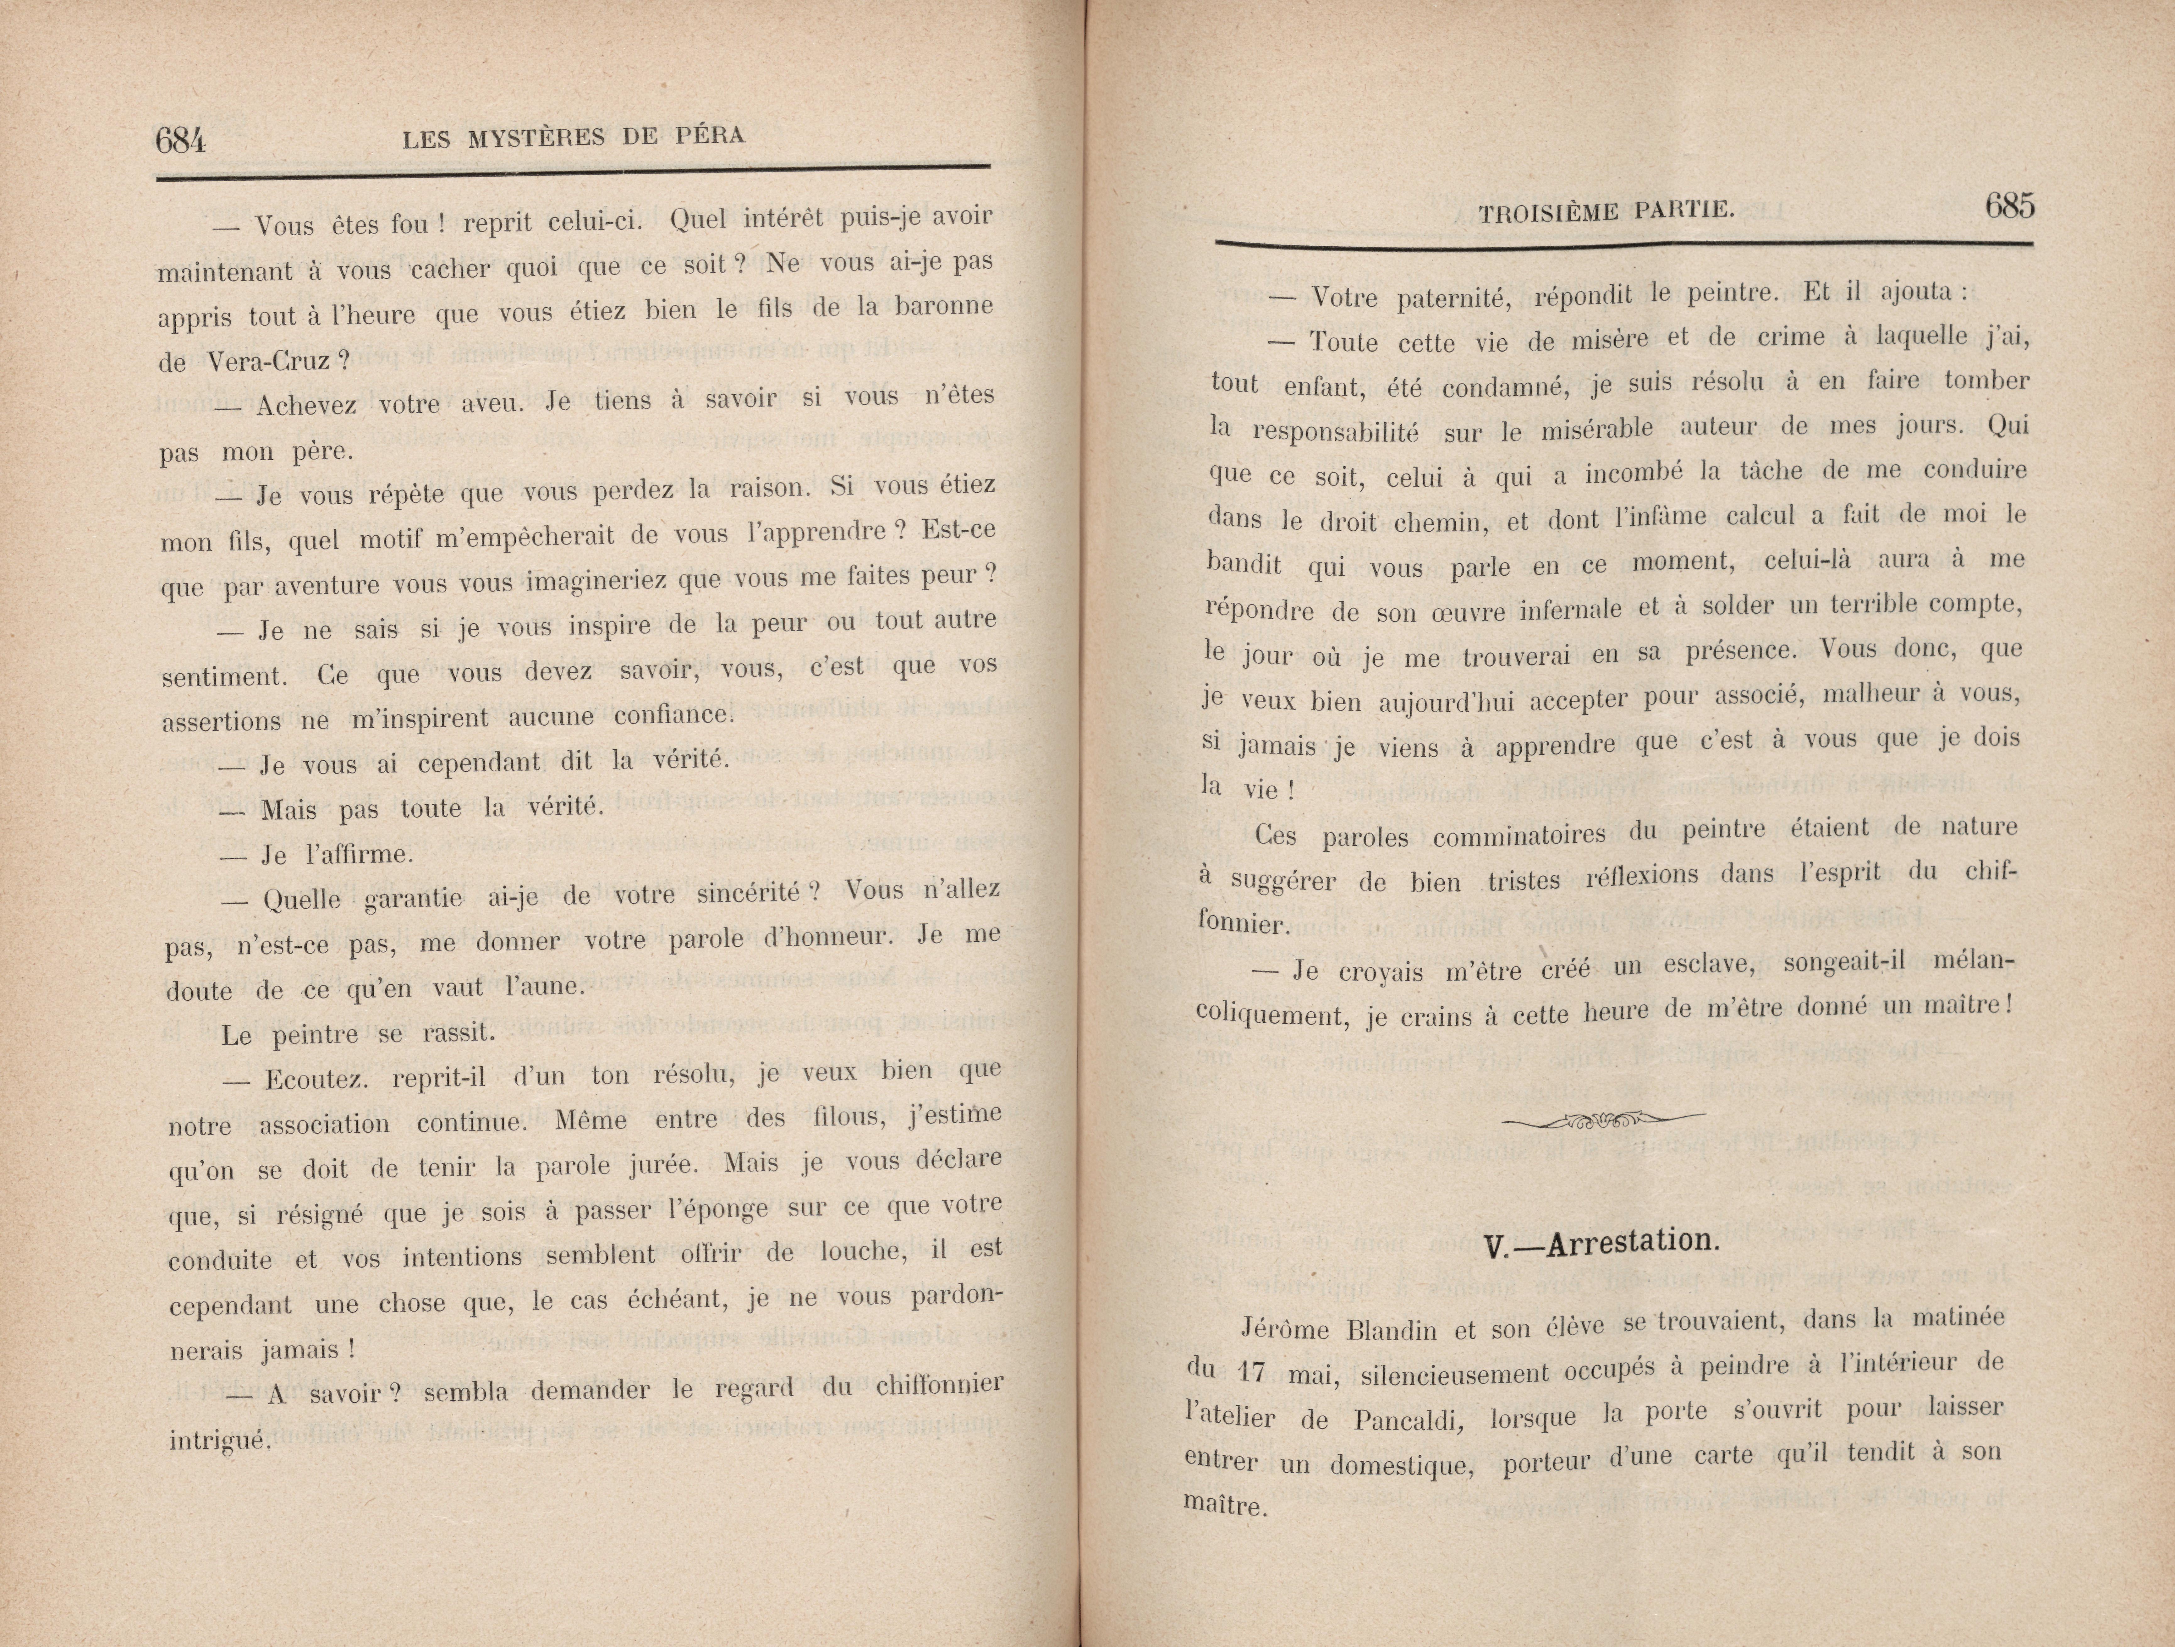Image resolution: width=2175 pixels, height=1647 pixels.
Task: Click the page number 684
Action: tap(181, 141)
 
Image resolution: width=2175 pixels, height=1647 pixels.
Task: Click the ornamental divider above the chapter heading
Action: tap(1605, 1118)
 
